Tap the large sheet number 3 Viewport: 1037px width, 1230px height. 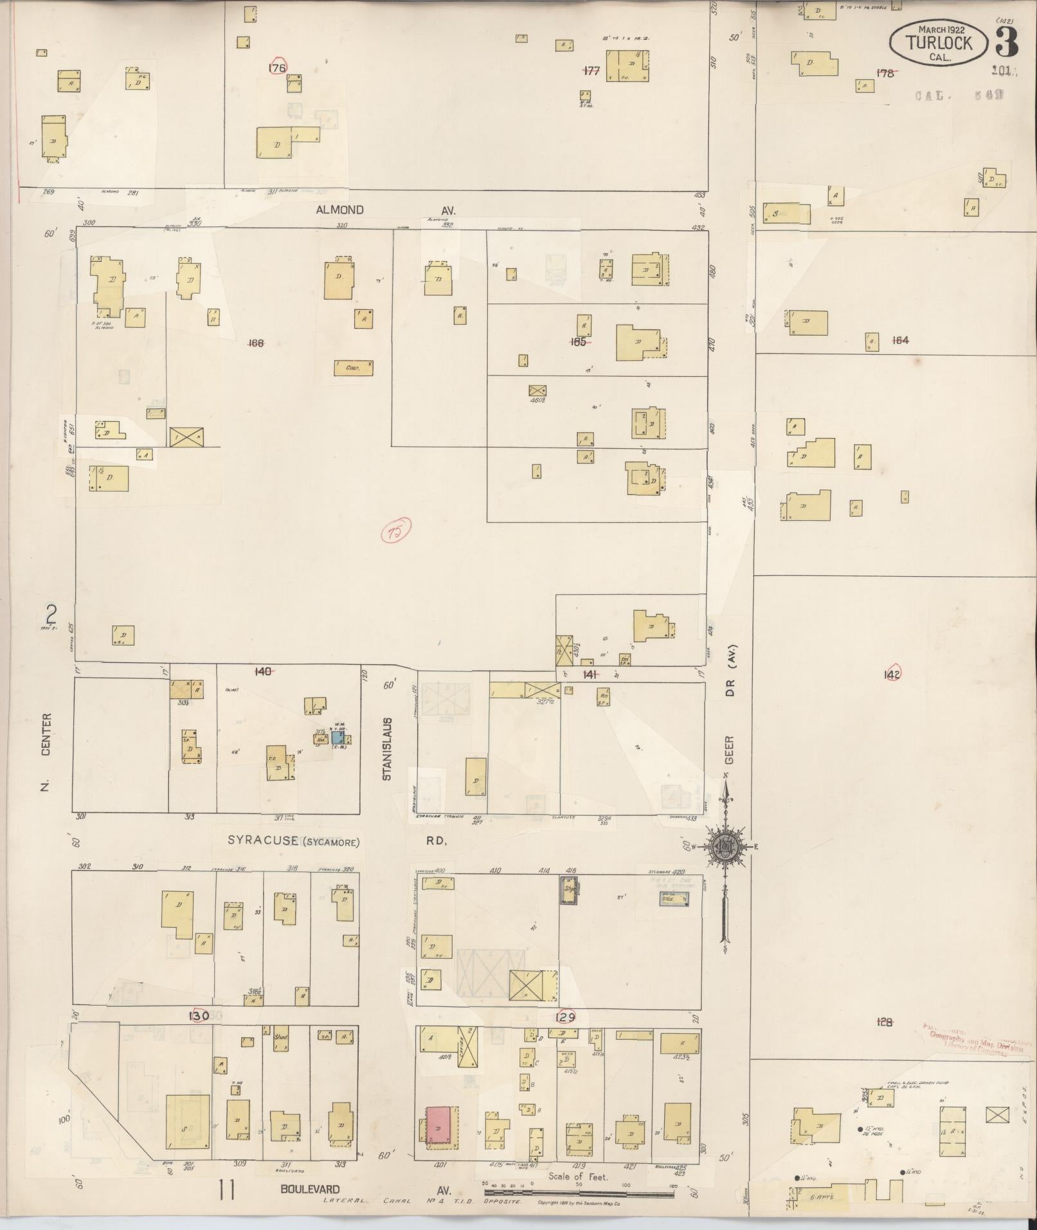[1006, 42]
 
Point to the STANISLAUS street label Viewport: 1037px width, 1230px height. [386, 749]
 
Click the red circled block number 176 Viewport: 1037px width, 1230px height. [278, 68]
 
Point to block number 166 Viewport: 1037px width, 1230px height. [256, 343]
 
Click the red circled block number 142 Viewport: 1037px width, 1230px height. [892, 673]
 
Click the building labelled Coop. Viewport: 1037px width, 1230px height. [354, 368]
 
